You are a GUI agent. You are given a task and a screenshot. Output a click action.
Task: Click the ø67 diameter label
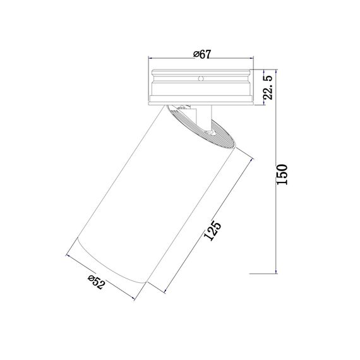click(201, 54)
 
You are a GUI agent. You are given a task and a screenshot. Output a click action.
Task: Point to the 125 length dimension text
click(213, 232)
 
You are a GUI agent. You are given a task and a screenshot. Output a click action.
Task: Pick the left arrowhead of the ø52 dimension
click(68, 256)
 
